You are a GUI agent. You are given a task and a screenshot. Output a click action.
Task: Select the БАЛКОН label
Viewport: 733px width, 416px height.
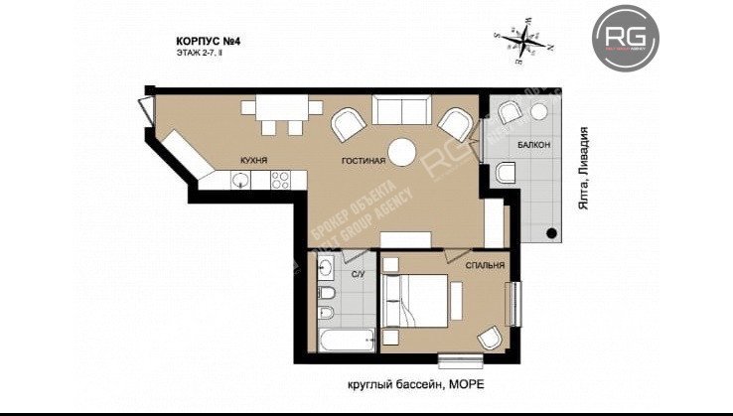point(533,146)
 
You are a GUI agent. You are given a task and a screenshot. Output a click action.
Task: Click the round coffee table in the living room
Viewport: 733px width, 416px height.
point(402,152)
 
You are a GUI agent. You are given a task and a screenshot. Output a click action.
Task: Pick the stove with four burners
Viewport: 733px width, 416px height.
point(280,180)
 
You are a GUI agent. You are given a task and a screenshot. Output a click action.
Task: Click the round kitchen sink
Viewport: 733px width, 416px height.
point(239,180)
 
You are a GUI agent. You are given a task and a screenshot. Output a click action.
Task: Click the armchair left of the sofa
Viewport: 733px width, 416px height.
point(348,126)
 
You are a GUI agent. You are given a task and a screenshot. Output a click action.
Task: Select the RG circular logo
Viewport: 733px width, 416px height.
point(627,38)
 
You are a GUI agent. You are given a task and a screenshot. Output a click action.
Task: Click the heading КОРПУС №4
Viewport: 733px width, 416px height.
point(211,43)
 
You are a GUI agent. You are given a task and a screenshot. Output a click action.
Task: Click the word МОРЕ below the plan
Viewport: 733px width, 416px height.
point(469,384)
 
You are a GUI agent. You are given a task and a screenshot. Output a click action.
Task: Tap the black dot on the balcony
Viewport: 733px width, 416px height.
point(551,233)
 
